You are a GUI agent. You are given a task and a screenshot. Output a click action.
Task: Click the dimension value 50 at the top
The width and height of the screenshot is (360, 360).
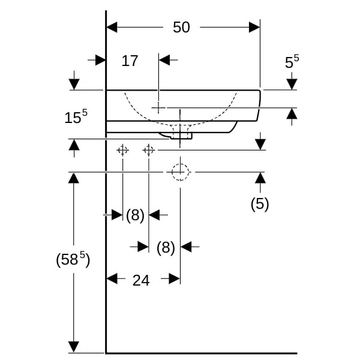point(181,27)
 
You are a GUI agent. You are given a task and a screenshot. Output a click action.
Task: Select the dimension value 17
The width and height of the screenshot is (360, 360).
point(130,61)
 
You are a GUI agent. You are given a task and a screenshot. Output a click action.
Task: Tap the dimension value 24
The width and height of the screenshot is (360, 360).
point(140,280)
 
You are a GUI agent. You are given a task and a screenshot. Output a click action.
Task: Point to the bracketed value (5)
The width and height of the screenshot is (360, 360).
point(260,204)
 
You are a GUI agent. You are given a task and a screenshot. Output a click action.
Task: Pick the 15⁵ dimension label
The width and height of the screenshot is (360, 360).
point(76,117)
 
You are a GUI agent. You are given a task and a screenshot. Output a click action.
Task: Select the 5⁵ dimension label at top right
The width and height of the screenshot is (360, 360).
point(292,62)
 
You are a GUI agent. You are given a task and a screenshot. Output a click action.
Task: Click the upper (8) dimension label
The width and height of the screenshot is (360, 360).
point(136,215)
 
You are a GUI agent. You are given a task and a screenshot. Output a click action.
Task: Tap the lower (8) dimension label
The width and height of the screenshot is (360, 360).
point(165,247)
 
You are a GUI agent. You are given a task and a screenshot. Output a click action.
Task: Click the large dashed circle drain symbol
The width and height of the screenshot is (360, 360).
point(180,172)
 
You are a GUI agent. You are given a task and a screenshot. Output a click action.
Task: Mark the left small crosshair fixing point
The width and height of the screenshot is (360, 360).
point(122,150)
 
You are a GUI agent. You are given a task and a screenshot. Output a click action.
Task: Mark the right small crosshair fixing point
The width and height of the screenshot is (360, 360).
point(149,150)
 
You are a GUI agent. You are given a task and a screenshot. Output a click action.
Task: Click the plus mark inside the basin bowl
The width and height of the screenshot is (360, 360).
point(158,107)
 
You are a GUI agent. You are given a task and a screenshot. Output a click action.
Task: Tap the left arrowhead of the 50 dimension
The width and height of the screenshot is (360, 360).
point(112,27)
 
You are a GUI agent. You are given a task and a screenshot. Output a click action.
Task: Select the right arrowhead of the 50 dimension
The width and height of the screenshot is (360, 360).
point(255,27)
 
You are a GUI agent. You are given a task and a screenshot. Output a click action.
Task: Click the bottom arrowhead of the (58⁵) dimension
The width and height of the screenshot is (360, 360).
point(73,347)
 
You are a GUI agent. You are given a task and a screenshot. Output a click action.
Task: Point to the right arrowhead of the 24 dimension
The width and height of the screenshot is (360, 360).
point(175,278)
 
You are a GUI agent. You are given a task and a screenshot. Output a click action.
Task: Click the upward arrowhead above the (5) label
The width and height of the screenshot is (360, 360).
point(260,178)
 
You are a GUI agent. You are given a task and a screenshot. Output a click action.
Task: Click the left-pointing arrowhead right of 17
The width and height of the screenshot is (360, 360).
point(164,60)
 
